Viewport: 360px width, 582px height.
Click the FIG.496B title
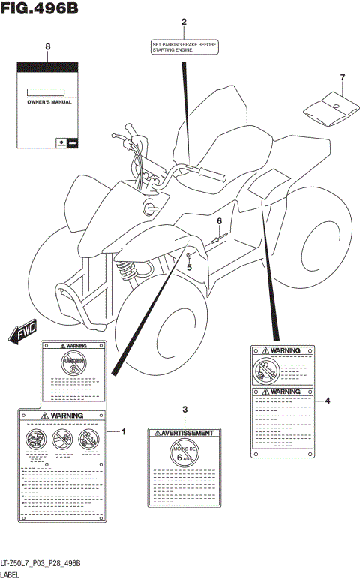[x=39, y=9]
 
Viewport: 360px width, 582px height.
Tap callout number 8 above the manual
[x=48, y=46]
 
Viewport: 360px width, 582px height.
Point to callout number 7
[x=342, y=77]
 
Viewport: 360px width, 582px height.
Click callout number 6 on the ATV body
[x=220, y=221]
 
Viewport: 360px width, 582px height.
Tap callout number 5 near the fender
[x=189, y=267]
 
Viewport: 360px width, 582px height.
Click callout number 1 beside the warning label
[x=124, y=431]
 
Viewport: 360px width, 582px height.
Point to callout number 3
[x=184, y=408]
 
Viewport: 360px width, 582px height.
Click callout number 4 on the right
[x=328, y=400]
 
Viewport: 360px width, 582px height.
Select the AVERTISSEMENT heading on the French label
[x=185, y=433]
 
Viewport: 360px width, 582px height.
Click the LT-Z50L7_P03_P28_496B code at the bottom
[x=40, y=563]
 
